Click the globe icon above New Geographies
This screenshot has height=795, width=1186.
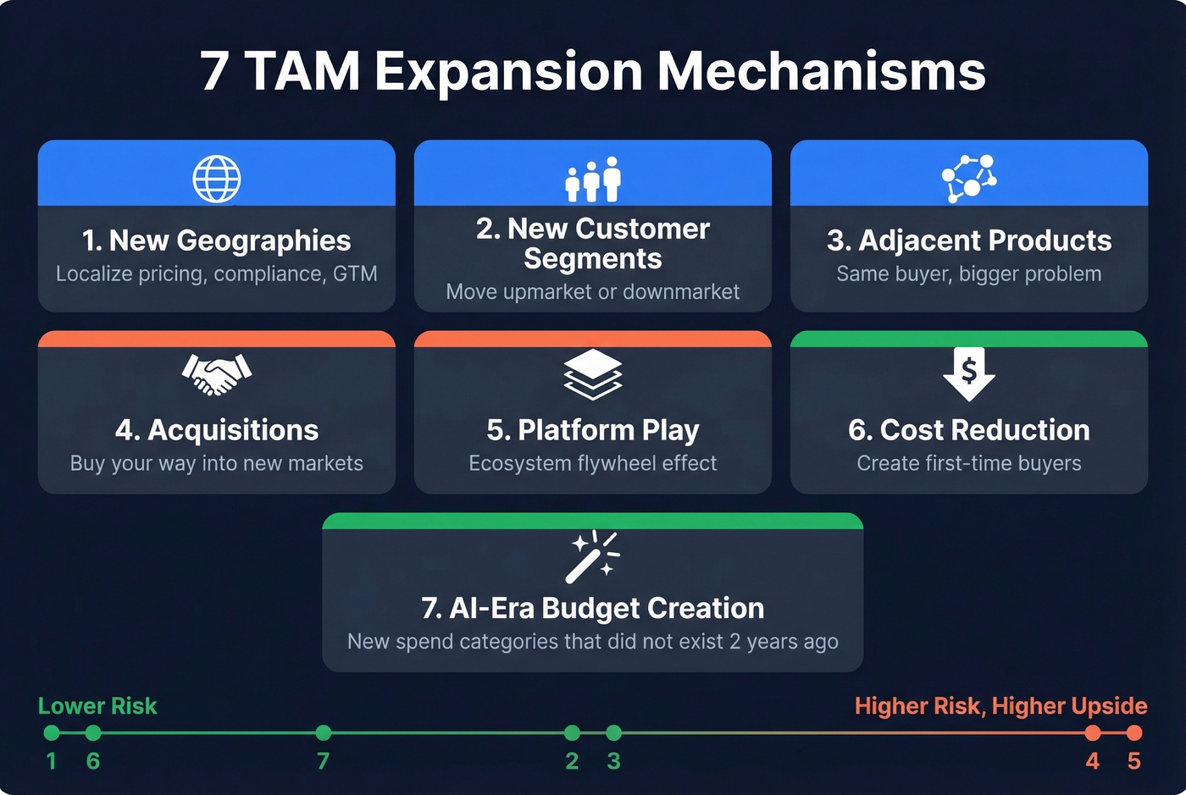(217, 179)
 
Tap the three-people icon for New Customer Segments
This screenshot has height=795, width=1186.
(593, 179)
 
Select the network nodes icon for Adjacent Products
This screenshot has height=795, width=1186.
(969, 178)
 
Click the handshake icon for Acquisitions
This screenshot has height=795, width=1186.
(217, 373)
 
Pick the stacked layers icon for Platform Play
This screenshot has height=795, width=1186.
(593, 373)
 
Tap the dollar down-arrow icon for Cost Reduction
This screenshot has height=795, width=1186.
(969, 373)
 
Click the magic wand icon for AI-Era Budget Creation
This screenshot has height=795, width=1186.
(593, 556)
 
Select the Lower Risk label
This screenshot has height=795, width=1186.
(97, 706)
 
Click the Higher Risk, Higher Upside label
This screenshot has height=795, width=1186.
(1000, 706)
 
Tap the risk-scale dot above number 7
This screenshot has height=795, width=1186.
(323, 732)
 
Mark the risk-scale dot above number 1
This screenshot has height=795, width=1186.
(52, 732)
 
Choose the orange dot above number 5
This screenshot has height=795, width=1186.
(1134, 732)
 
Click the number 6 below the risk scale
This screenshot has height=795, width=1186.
(93, 761)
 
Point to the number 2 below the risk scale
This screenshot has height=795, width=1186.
(572, 761)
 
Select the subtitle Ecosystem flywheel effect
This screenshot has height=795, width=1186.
(593, 463)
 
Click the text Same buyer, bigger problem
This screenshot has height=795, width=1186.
(969, 273)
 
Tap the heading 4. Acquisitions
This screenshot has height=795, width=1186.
(217, 430)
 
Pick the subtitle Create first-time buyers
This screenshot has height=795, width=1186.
(969, 463)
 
